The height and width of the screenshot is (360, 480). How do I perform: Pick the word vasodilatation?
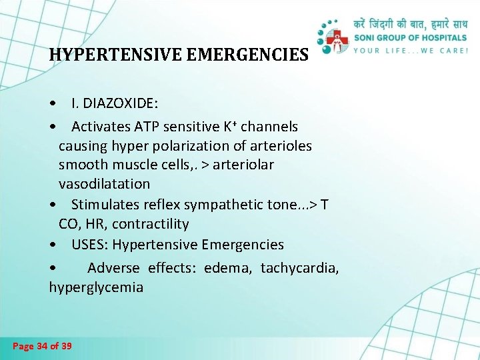pos(104,183)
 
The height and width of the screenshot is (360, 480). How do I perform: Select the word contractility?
pos(151,224)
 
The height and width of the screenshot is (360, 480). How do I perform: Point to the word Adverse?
pos(113,268)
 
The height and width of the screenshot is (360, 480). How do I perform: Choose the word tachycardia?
pos(299,268)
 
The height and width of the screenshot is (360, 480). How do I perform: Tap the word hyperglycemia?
pos(96,288)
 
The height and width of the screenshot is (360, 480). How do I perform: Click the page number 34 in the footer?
pos(43,346)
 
